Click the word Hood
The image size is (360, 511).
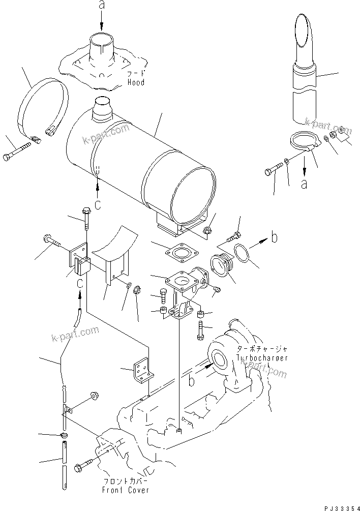[x=136, y=82]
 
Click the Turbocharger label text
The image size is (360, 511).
[x=262, y=357]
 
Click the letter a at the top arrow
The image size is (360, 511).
[x=101, y=5]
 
